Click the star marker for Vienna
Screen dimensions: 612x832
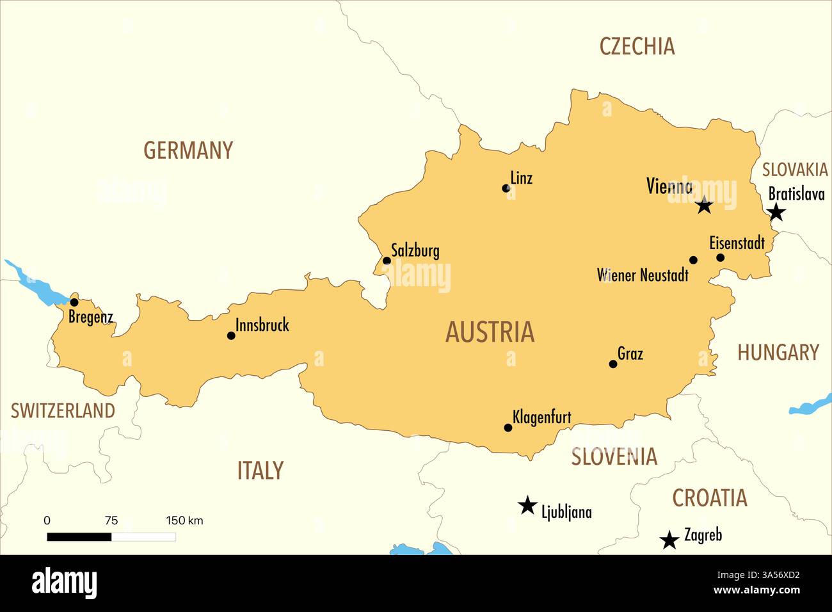tap(704, 205)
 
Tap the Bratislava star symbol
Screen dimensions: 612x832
tap(776, 212)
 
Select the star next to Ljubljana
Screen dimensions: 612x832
tap(527, 506)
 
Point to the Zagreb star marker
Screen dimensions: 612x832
tap(669, 540)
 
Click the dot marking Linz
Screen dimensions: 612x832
tap(506, 188)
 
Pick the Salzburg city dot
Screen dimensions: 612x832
tap(387, 261)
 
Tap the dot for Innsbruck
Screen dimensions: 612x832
tap(231, 335)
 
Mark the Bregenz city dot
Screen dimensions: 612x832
tap(74, 302)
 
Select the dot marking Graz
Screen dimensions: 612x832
tap(613, 364)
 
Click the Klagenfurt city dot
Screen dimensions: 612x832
tap(508, 428)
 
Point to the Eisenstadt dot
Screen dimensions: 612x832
tap(720, 257)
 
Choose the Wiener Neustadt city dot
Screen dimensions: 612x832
tap(693, 260)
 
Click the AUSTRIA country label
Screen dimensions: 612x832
tap(490, 332)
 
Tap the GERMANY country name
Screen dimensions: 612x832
tap(188, 150)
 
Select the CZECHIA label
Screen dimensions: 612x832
tap(637, 46)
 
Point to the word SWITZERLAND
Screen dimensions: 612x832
tap(63, 410)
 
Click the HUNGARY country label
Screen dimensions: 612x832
tap(778, 352)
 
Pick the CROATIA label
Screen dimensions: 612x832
tap(709, 497)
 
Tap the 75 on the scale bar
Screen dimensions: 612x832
tap(111, 520)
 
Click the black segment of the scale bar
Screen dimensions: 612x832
tap(79, 536)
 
